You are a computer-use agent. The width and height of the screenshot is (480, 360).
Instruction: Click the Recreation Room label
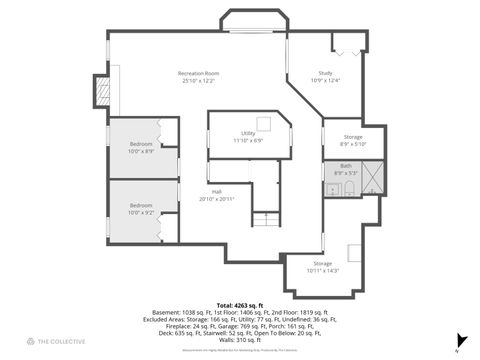click(198, 77)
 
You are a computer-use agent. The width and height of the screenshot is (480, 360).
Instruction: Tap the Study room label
click(325, 77)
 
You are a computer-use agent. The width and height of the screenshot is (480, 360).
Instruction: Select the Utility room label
click(247, 136)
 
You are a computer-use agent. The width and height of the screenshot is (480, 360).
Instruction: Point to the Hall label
click(216, 195)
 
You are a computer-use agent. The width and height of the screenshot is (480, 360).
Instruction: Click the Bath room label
click(345, 169)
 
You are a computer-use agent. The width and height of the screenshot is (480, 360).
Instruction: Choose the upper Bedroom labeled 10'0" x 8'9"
click(140, 148)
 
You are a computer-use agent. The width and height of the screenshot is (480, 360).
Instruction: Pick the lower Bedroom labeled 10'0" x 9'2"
click(140, 209)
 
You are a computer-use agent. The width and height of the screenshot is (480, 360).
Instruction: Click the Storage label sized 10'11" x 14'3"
click(322, 267)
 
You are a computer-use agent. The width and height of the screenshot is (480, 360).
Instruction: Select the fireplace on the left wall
click(100, 92)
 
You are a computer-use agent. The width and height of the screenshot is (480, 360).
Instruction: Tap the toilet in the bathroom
click(350, 188)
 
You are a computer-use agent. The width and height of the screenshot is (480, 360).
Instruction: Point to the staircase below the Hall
click(265, 220)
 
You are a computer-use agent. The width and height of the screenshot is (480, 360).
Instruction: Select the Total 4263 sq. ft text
click(239, 305)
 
